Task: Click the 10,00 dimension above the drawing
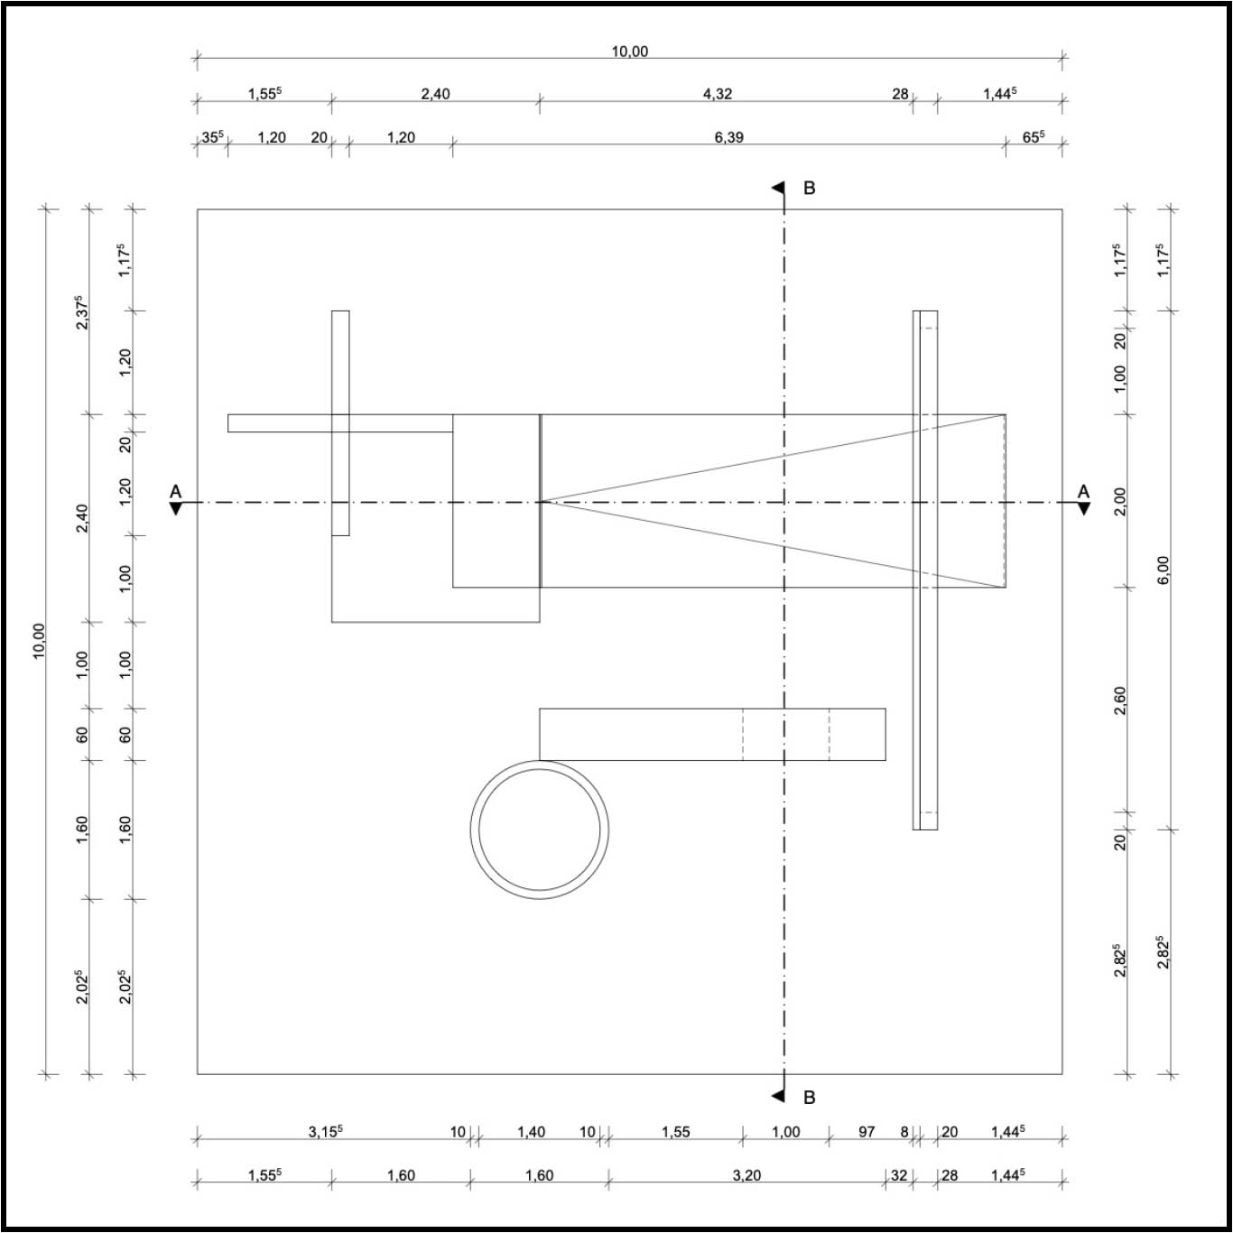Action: coord(630,51)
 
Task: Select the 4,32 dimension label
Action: coord(718,94)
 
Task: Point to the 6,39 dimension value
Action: coord(728,137)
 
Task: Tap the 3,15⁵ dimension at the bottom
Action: coord(325,1131)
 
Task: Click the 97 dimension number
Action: coord(867,1132)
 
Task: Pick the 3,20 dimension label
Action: coord(746,1175)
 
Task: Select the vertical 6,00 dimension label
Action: coord(1163,570)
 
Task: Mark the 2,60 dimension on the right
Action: coord(1120,700)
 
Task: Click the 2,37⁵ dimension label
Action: coord(81,312)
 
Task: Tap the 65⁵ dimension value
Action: coord(1034,137)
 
